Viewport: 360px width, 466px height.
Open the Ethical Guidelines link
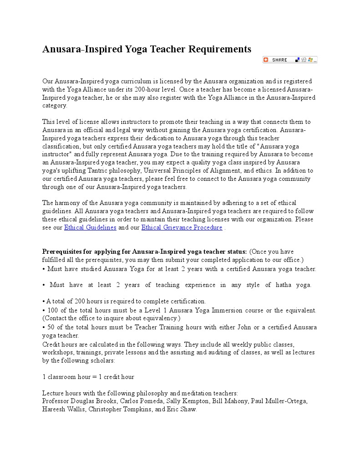(90, 227)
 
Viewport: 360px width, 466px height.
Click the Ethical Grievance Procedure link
(182, 227)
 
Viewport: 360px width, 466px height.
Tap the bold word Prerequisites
(63, 251)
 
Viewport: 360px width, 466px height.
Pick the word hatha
(285, 285)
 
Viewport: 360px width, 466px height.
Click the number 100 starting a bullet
(52, 310)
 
